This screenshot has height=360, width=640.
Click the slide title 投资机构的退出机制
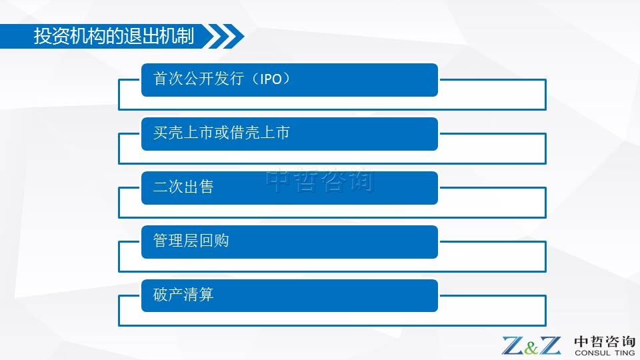pos(114,36)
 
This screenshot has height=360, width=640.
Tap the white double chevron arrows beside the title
pos(224,36)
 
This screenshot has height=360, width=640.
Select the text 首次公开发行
pos(199,79)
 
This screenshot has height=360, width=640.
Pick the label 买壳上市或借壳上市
pos(221,133)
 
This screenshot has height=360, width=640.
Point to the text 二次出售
pos(183,187)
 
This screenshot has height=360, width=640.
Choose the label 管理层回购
pos(191,241)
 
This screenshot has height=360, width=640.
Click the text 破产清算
pos(183,295)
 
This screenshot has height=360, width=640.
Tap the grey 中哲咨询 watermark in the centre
pos(320,181)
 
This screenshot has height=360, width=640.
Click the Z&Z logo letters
pos(531,346)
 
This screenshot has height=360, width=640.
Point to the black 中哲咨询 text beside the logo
pos(605,341)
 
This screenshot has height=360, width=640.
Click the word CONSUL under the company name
pos(593,353)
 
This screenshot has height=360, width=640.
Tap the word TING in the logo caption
pos(625,353)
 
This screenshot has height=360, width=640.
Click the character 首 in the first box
pos(161,79)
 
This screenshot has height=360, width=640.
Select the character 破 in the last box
pos(161,295)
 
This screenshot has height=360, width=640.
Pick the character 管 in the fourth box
pos(161,241)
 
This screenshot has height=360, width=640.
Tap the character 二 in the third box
pos(161,187)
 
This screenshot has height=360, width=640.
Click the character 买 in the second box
pos(161,133)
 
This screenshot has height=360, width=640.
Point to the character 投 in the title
pos(43,36)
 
